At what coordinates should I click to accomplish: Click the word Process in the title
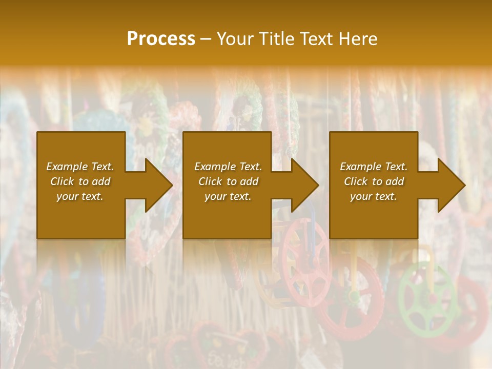(x=161, y=39)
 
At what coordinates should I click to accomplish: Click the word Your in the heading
(x=237, y=39)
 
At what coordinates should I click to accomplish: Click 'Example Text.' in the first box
(x=80, y=167)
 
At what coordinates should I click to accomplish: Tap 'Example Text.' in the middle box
(x=228, y=167)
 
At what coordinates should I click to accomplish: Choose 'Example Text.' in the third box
(x=374, y=167)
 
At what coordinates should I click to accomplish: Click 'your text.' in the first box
(x=80, y=196)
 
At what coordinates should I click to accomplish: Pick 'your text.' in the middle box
(x=228, y=196)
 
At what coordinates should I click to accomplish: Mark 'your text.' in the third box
(x=374, y=196)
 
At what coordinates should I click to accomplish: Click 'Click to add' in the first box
(x=80, y=181)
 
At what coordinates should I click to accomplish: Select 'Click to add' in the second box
(x=228, y=181)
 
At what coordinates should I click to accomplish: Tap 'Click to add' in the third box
(x=374, y=181)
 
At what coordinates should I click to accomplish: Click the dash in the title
(x=206, y=39)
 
